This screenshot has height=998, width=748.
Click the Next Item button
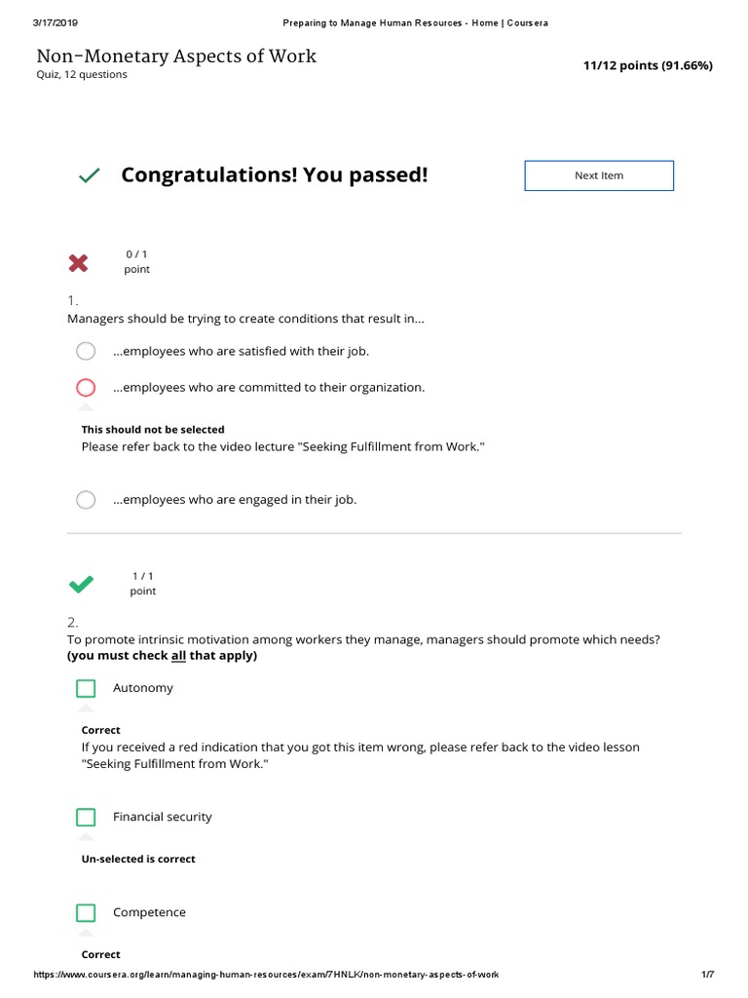(x=599, y=175)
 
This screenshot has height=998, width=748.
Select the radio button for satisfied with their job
(x=86, y=351)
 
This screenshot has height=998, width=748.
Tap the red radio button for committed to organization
(x=86, y=387)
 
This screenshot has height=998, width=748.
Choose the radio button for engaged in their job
(x=86, y=500)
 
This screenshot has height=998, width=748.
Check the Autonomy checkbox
(x=86, y=688)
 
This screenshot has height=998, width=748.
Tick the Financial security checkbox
(x=86, y=817)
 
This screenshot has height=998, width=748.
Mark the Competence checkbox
(x=86, y=912)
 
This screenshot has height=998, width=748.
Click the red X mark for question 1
(x=78, y=262)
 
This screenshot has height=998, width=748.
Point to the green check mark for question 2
(x=81, y=584)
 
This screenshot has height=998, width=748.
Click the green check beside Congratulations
(x=89, y=175)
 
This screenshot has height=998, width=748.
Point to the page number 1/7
(x=708, y=975)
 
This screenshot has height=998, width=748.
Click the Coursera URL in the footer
(x=266, y=975)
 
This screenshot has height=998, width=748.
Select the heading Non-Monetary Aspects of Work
(x=176, y=56)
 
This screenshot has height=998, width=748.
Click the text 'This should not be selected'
(x=153, y=430)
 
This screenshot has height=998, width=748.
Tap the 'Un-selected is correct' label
(x=138, y=860)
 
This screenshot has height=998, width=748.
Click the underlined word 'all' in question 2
(x=178, y=656)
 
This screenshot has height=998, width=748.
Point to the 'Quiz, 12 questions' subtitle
(x=82, y=75)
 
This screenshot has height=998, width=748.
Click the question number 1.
(x=72, y=300)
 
